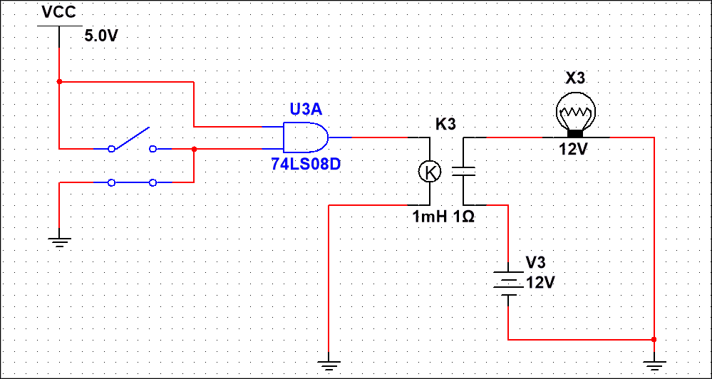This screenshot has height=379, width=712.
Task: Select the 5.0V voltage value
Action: (x=100, y=36)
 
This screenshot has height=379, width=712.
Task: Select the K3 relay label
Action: (x=445, y=124)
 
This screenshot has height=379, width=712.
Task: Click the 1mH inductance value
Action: (x=429, y=217)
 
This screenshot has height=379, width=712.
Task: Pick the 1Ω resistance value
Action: (x=463, y=217)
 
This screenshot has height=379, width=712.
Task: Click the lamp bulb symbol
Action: (x=575, y=113)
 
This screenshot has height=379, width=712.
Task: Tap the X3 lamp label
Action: (x=575, y=78)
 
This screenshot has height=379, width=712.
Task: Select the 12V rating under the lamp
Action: (x=575, y=150)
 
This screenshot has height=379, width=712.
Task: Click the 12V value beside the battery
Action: (x=540, y=282)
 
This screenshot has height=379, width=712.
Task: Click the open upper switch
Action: (x=133, y=142)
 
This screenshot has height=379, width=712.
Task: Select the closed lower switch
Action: (x=133, y=182)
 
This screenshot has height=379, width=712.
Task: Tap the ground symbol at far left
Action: (x=60, y=242)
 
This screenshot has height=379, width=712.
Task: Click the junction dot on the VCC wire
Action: (x=60, y=82)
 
